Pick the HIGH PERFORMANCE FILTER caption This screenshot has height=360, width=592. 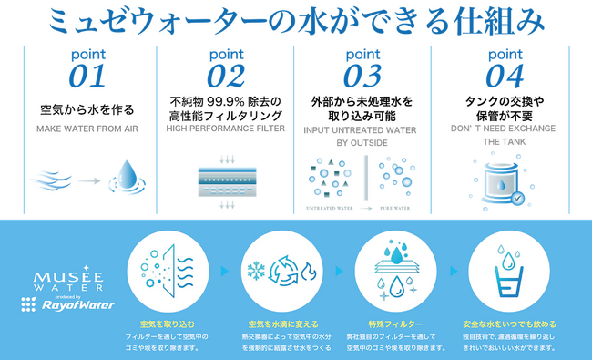226,129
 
